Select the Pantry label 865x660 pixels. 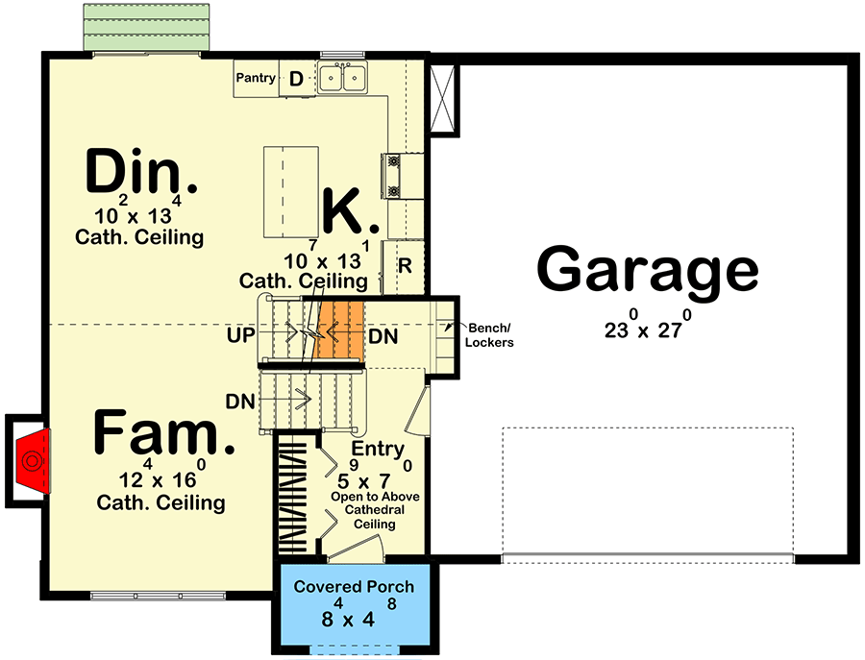(257, 79)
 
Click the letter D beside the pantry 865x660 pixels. (297, 79)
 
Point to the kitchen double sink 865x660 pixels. (343, 77)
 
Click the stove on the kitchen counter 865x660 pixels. (394, 175)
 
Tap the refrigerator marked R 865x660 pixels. (405, 265)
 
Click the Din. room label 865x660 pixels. (141, 173)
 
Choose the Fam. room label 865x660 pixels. (163, 433)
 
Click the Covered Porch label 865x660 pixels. (354, 586)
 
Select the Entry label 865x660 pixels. (378, 450)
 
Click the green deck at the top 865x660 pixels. (146, 27)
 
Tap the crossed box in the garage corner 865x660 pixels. (443, 100)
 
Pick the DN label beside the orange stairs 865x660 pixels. (383, 339)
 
